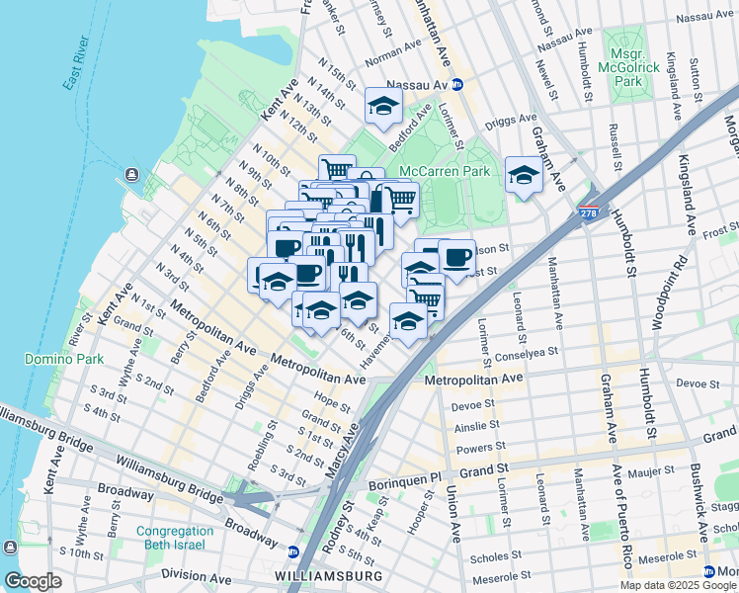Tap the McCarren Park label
[445, 171]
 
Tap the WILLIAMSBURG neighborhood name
[327, 575]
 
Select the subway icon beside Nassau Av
[457, 86]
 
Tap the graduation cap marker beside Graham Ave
[524, 175]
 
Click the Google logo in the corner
[32, 581]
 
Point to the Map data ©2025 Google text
[677, 585]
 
